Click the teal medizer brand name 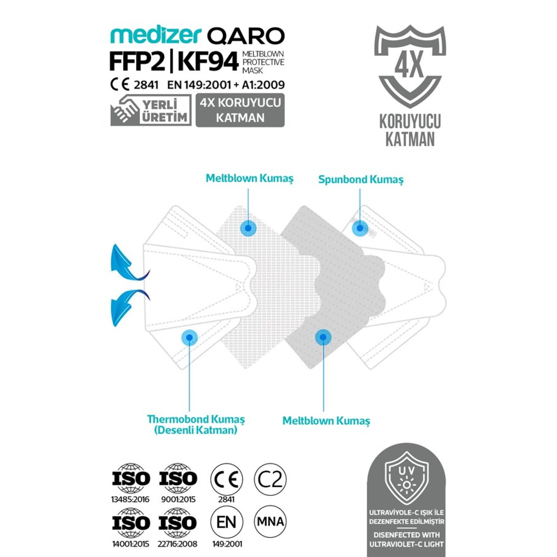tap(156, 36)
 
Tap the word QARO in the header tap(245, 36)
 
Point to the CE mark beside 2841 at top tap(120, 85)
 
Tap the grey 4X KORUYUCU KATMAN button tap(240, 110)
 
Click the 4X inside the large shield tap(409, 65)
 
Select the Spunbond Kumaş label tap(361, 180)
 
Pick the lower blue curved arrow tap(128, 306)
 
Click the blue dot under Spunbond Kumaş tap(360, 228)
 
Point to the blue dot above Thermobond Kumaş tap(189, 337)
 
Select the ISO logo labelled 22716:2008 tap(178, 523)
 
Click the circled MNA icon tap(270, 522)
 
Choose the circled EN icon tap(227, 522)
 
